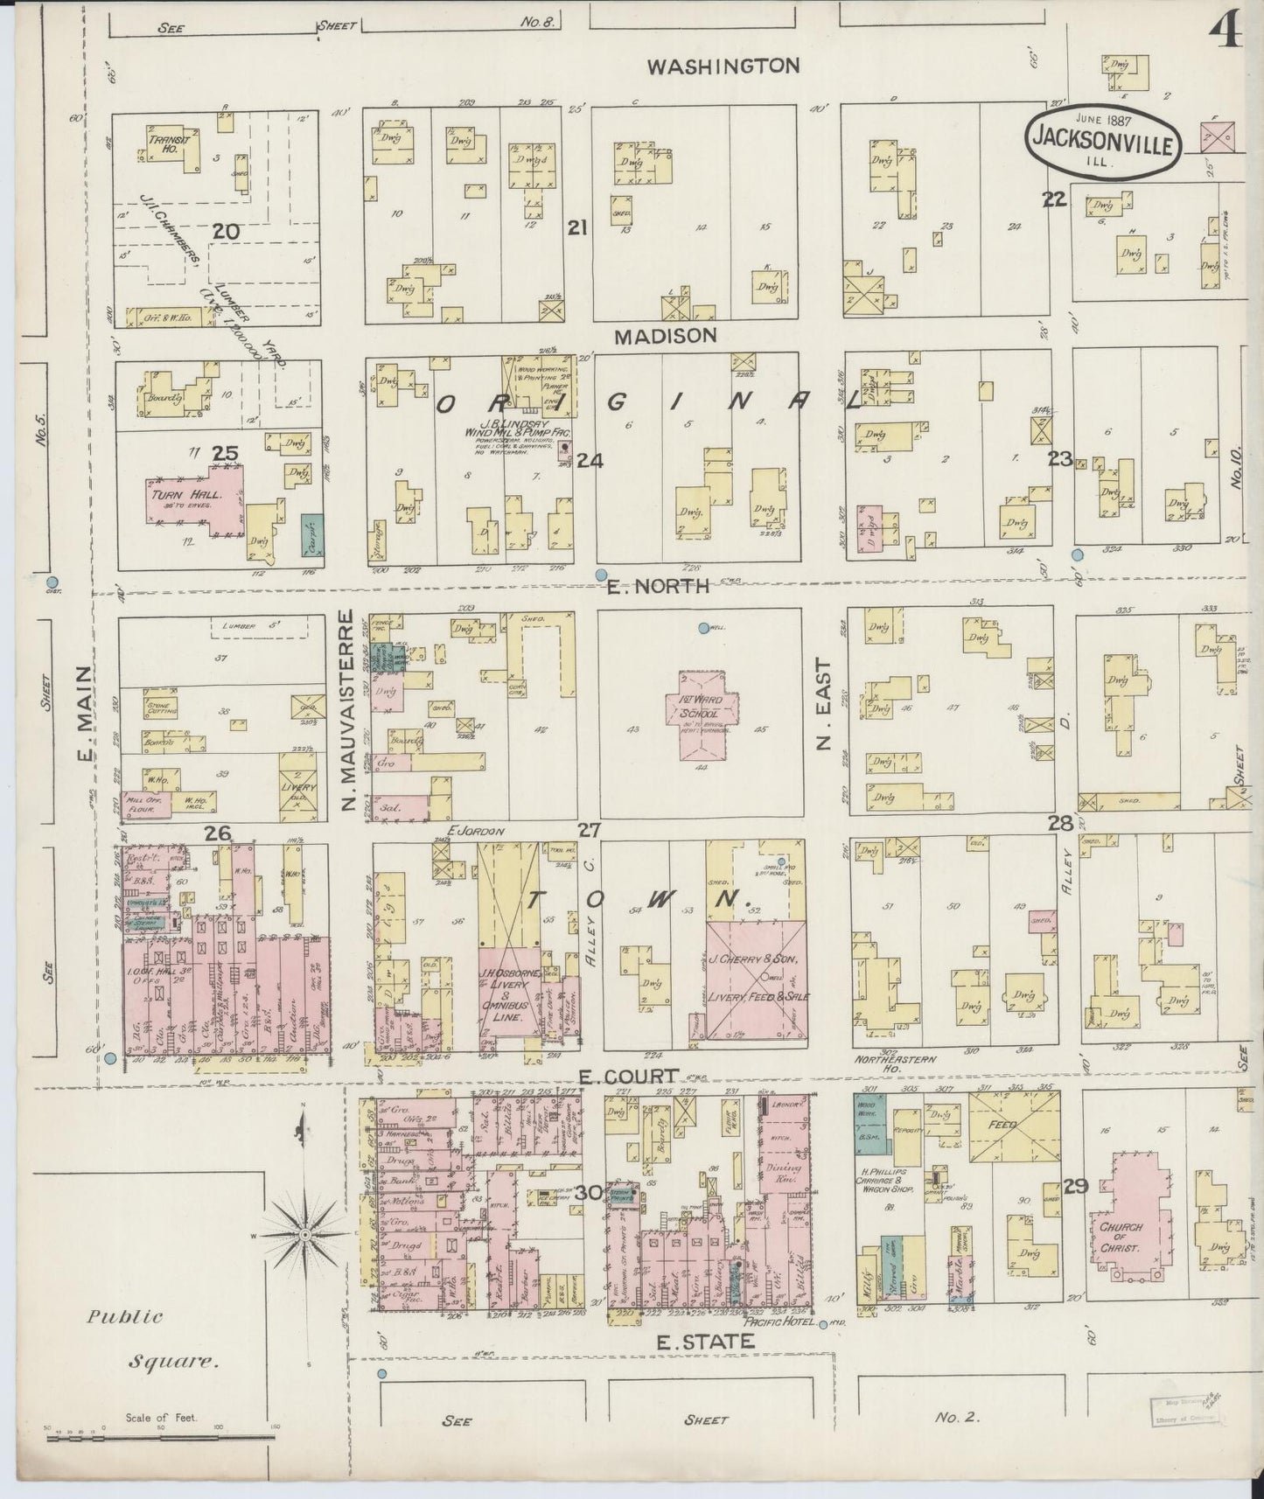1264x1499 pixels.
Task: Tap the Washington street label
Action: (x=723, y=66)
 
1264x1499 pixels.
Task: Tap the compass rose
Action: (x=305, y=1235)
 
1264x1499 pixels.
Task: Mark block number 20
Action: (x=226, y=231)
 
